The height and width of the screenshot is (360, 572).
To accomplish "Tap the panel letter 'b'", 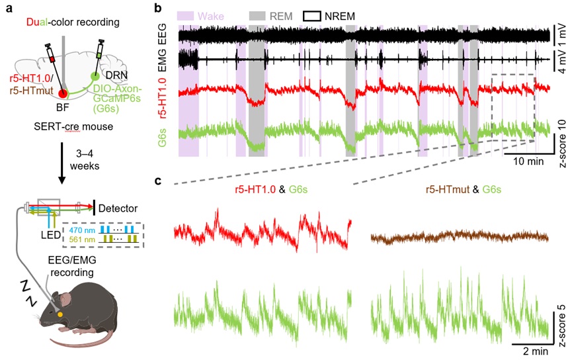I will [x=158, y=9].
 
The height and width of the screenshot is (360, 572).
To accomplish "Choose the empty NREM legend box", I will [x=316, y=14].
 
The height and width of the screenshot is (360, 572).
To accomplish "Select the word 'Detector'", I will [x=124, y=208].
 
